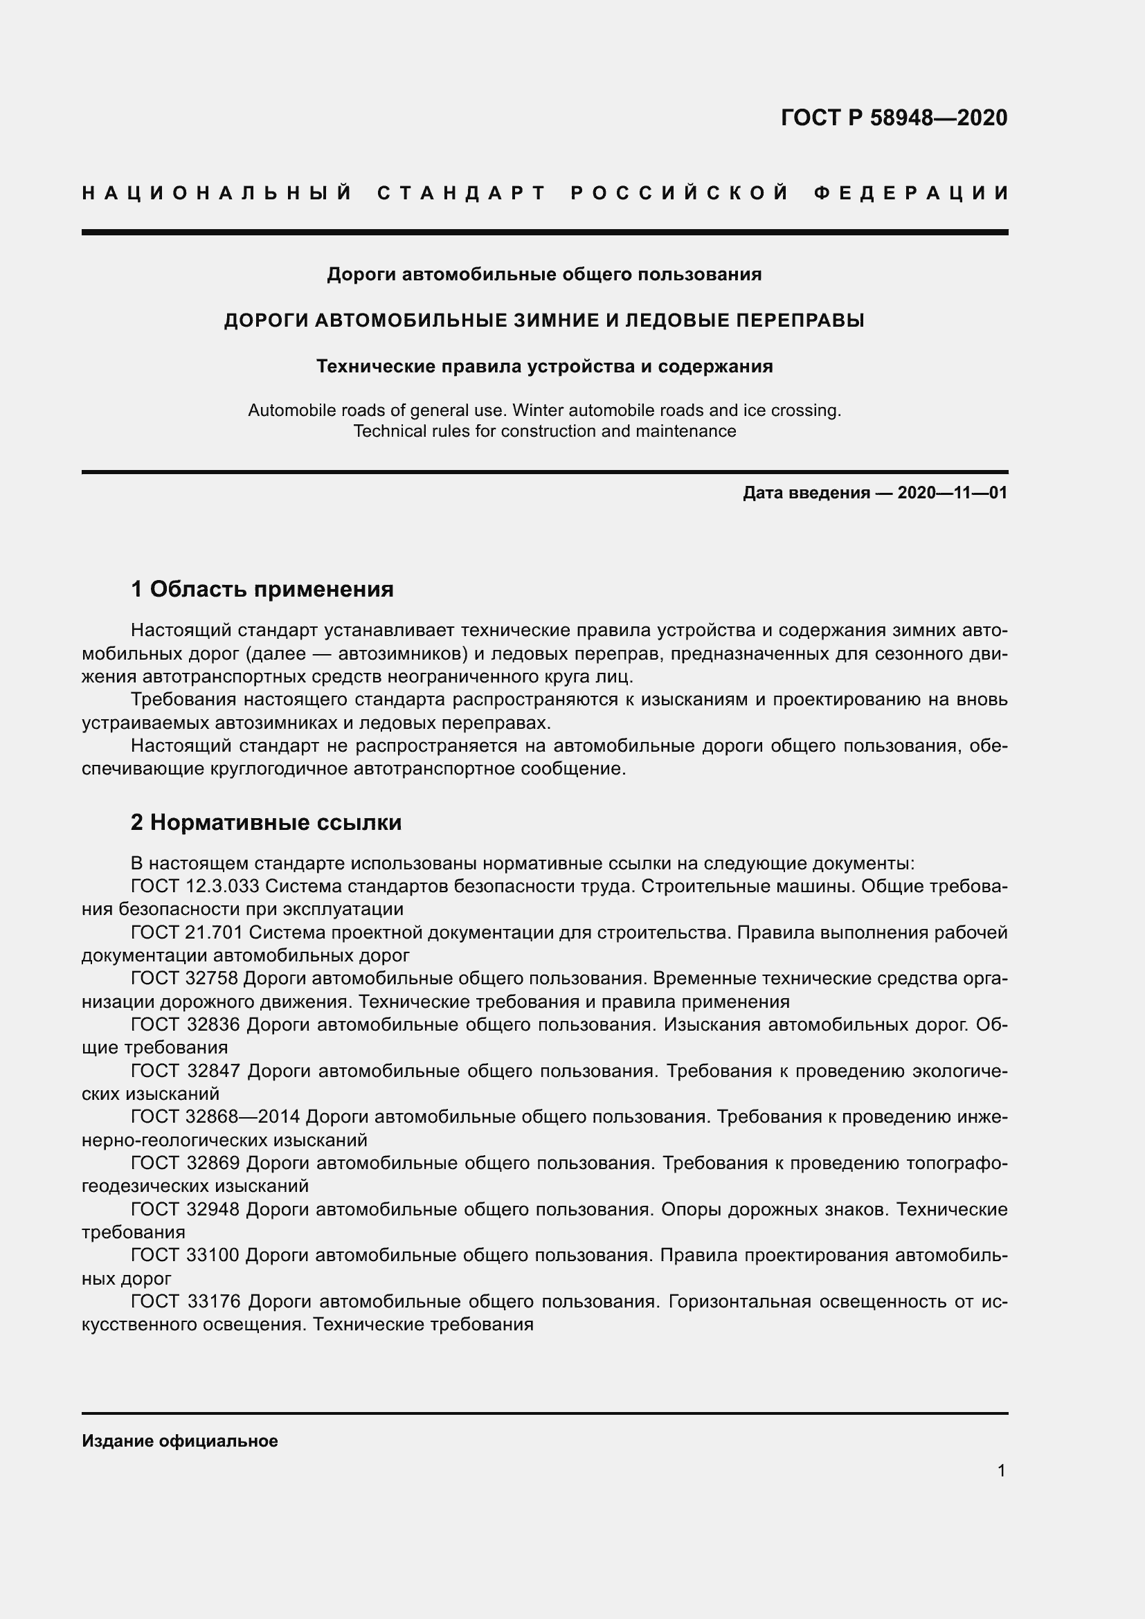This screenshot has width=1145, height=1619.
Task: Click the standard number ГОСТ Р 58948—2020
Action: (894, 118)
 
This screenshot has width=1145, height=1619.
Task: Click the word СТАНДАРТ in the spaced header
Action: (462, 192)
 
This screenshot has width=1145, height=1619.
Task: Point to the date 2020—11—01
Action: (952, 492)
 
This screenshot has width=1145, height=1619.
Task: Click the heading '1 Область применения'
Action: (262, 588)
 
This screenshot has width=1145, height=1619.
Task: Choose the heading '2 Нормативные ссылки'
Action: (266, 822)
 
